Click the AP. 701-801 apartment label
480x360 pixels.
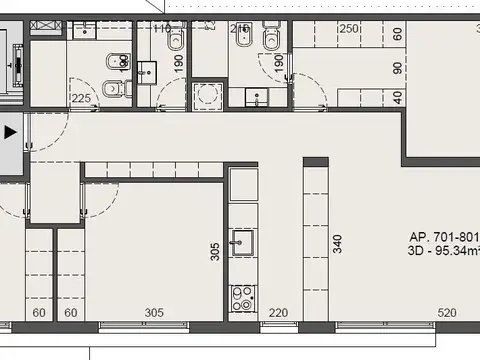pyautogui.click(x=444, y=237)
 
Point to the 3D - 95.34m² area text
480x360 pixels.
pyautogui.click(x=444, y=253)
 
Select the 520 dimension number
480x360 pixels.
pyautogui.click(x=447, y=313)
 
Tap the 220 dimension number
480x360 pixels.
pyautogui.click(x=278, y=313)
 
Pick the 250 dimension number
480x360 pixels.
pyautogui.click(x=348, y=29)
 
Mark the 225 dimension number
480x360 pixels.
pyautogui.click(x=81, y=98)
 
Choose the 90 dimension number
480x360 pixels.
pyautogui.click(x=397, y=69)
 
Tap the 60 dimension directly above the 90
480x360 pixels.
pyautogui.click(x=397, y=34)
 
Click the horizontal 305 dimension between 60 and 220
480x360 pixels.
pyautogui.click(x=154, y=313)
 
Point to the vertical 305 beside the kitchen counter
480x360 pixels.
pyautogui.click(x=215, y=252)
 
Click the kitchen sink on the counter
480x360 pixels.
pyautogui.click(x=242, y=241)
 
